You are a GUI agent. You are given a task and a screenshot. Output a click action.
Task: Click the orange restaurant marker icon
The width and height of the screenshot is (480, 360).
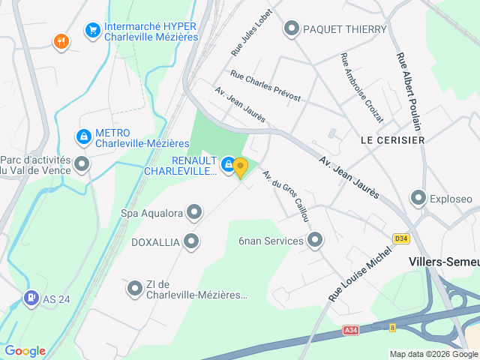(62, 42)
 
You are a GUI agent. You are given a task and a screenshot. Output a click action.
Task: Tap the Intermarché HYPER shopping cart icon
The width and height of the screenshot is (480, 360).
(93, 30)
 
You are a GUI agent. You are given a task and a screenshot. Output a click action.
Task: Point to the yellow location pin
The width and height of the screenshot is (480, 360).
(240, 166)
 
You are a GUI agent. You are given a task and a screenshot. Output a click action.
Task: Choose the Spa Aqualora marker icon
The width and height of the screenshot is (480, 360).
(194, 213)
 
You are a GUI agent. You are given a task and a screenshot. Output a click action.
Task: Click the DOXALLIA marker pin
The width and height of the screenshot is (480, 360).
(191, 241)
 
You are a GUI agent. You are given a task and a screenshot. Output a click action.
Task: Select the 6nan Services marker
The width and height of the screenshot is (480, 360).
(315, 241)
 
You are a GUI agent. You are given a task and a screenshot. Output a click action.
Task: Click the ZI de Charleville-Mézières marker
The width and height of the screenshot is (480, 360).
(135, 288)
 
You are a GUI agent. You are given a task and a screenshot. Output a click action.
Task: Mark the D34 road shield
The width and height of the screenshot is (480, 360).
(402, 238)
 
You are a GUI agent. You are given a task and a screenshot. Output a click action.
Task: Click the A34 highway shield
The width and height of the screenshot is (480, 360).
(350, 330)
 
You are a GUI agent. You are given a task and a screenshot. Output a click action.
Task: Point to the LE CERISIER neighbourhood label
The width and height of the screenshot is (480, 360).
(392, 140)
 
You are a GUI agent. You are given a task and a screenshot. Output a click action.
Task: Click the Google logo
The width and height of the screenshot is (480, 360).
(25, 351)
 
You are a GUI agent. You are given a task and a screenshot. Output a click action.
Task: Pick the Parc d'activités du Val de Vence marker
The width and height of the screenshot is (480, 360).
(82, 163)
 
